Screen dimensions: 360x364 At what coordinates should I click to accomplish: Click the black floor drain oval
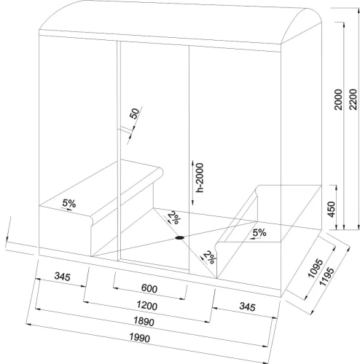(179, 238)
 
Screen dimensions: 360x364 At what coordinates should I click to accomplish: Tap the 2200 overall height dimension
(353, 100)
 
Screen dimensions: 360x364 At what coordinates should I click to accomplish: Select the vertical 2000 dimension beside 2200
(338, 100)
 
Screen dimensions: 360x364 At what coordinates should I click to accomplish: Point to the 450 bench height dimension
(331, 210)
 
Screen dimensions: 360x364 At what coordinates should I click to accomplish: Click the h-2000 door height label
(200, 178)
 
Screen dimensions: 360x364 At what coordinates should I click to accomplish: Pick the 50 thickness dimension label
(135, 114)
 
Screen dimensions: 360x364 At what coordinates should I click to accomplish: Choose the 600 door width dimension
(149, 288)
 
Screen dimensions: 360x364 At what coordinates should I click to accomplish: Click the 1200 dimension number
(147, 305)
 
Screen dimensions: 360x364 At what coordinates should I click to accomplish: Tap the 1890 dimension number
(144, 322)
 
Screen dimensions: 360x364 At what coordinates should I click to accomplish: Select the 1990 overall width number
(140, 338)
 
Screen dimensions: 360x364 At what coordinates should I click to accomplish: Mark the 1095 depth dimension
(316, 268)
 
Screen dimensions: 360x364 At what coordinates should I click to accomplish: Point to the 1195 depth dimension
(326, 277)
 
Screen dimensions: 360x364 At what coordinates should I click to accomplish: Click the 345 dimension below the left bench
(63, 276)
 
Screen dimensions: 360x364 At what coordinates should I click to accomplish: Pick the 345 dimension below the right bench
(247, 306)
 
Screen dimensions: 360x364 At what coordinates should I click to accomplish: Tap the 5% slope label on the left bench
(69, 203)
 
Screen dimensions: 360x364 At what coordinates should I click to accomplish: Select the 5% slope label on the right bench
(259, 233)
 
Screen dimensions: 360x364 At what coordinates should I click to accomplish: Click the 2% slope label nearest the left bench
(174, 218)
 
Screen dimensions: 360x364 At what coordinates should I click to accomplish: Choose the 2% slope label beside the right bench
(209, 257)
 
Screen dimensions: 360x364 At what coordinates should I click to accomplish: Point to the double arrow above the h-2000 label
(192, 183)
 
